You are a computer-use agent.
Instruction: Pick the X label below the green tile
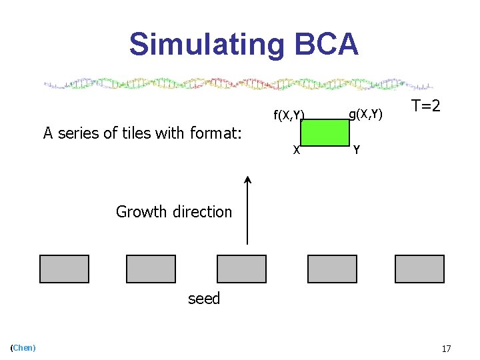coord(296,150)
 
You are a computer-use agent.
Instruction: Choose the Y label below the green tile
coord(357,150)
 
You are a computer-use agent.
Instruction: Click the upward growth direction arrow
coord(247,209)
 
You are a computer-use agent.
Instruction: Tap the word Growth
coord(141,212)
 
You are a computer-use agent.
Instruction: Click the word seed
coord(204,299)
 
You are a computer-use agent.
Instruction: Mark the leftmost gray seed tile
coord(64,269)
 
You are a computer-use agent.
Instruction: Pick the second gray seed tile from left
coord(151,269)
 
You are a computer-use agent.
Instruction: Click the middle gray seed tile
coord(241,269)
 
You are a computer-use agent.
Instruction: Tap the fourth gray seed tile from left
coord(332,269)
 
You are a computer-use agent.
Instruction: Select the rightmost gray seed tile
coord(419,269)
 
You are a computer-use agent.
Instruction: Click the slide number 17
coord(447,349)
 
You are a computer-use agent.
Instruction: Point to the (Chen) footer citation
coord(23,347)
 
